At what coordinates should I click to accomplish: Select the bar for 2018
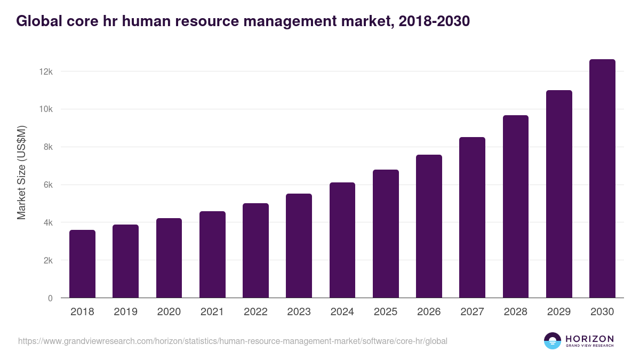coord(82,264)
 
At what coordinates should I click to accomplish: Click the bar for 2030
coord(602,179)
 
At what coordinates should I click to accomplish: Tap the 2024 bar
coord(342,240)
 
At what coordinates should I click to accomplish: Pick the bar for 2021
coord(212,254)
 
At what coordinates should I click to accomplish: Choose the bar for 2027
coord(472,218)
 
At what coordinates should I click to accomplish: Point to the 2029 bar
coord(559,194)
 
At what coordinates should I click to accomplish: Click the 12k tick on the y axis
coord(46,71)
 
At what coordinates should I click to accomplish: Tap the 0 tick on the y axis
coord(50,298)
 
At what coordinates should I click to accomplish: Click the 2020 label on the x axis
coord(169,312)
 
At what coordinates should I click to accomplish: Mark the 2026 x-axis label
coord(429,312)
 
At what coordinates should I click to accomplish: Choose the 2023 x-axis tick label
coord(299,312)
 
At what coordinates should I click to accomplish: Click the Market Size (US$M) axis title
coord(21,172)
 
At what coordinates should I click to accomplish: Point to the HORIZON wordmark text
coord(589,338)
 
